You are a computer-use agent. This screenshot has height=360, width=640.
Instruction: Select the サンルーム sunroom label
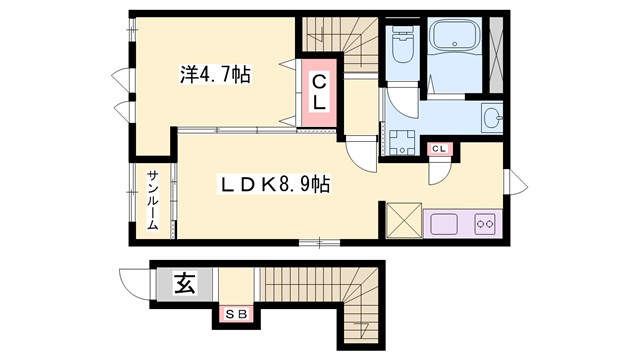tap(153, 201)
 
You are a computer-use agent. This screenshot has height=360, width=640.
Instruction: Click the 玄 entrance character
tap(186, 284)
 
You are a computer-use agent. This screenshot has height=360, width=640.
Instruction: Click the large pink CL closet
tap(317, 92)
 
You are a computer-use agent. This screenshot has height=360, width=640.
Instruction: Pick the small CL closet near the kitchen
tap(439, 150)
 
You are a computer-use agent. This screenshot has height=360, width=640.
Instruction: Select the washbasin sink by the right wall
tap(491, 118)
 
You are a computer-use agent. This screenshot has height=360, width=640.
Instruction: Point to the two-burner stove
tap(485, 222)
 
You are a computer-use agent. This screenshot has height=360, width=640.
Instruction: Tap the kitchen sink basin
tap(443, 222)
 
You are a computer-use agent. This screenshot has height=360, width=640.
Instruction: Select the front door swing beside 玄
tap(134, 283)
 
